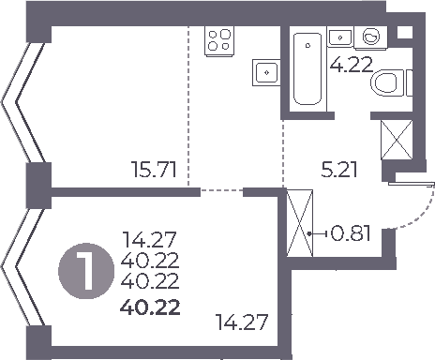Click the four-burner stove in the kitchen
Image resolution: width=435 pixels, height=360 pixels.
tap(219, 39)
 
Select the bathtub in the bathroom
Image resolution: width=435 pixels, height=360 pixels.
tap(307, 70)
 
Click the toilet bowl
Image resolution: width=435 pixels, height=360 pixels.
tap(388, 84)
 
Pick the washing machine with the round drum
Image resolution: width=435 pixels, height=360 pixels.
tap(372, 37)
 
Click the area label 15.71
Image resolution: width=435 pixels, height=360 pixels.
tap(154, 172)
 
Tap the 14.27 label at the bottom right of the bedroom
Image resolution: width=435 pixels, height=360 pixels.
tap(241, 325)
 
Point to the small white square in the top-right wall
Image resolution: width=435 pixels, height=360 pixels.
tap(404, 32)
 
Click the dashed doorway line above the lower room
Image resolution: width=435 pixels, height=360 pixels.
tap(222, 191)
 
